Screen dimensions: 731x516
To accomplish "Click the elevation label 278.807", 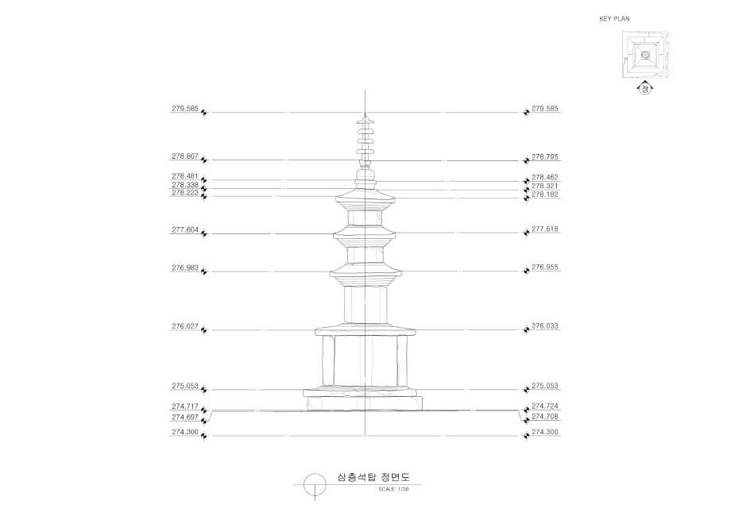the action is [x=185, y=156].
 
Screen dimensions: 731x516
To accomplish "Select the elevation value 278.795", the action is [x=545, y=157].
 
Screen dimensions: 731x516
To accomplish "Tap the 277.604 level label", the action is [x=185, y=230].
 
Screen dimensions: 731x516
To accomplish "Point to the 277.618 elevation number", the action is [x=545, y=229].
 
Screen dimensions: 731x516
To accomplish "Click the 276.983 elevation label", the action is [x=185, y=268].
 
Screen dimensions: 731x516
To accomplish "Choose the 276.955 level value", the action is [x=545, y=268].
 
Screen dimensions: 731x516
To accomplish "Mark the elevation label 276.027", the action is [x=185, y=326].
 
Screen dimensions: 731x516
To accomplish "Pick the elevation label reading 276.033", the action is [x=545, y=326].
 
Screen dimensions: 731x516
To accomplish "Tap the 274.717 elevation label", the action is [x=185, y=407].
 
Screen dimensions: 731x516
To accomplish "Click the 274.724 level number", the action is [x=545, y=406].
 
